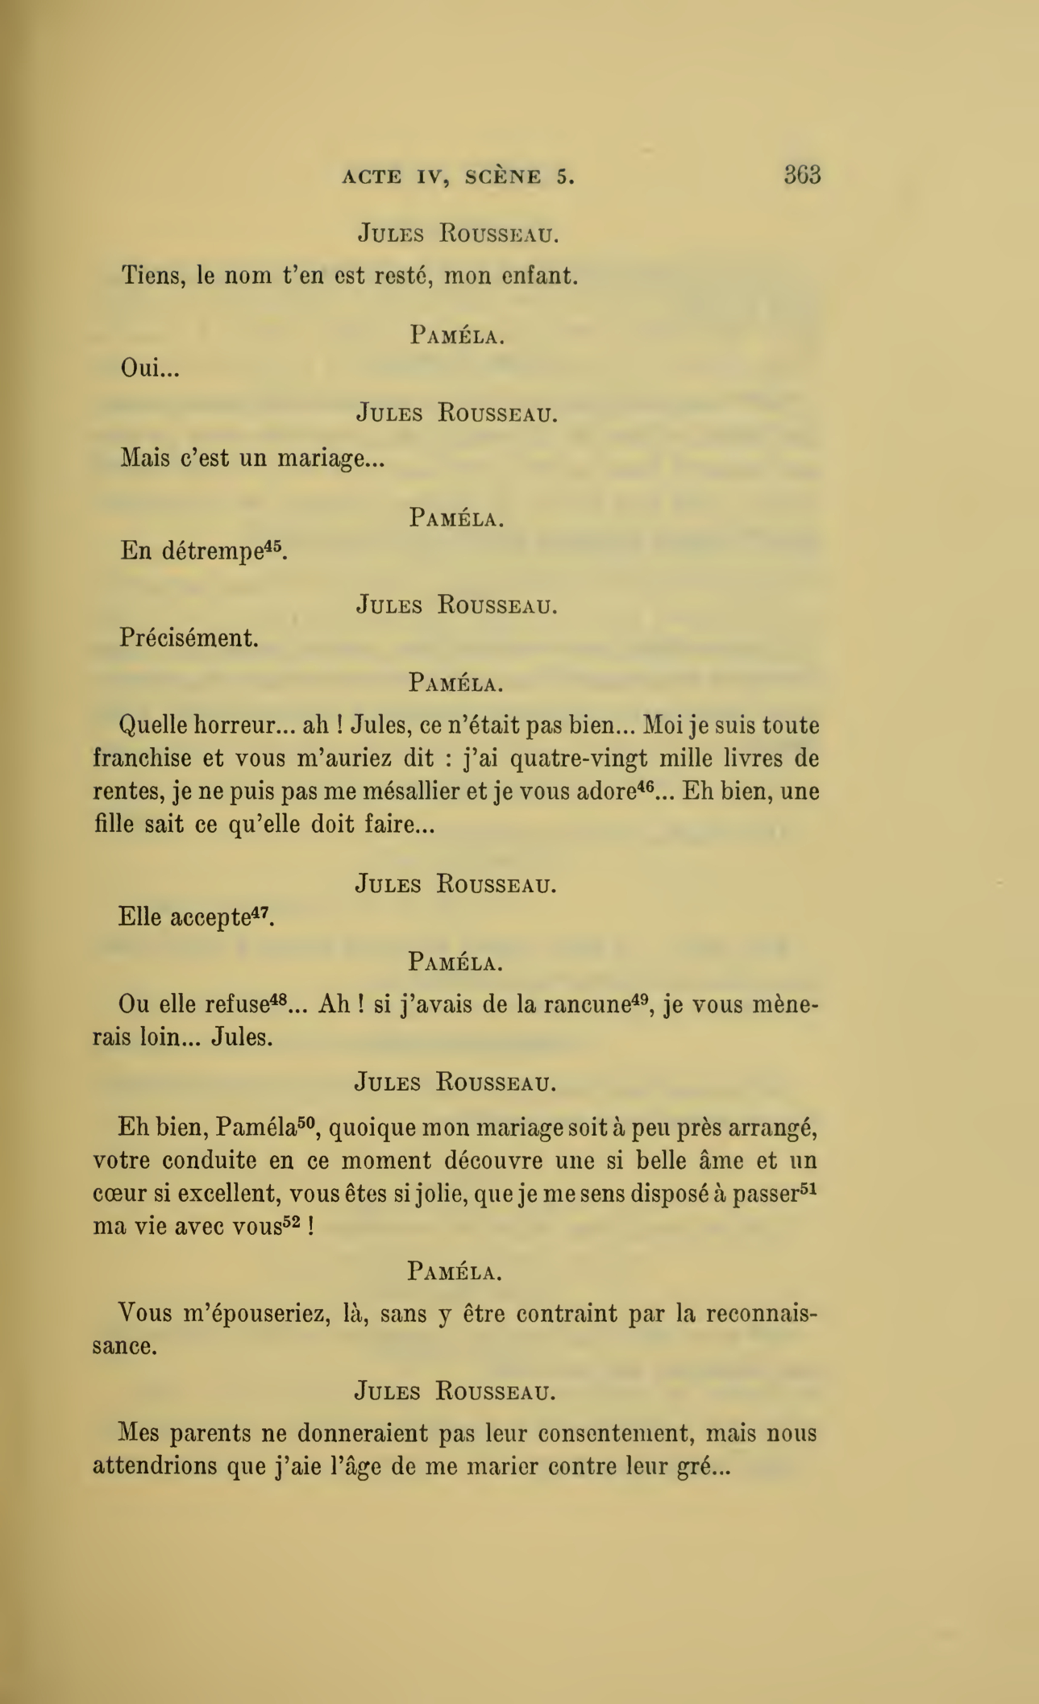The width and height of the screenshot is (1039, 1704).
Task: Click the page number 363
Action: (802, 175)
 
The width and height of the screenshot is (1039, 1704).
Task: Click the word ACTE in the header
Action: (371, 177)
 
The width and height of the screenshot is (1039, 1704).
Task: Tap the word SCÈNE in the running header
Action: (503, 177)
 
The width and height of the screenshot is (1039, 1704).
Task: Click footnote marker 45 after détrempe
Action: (276, 546)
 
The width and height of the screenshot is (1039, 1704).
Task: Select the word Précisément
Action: (189, 638)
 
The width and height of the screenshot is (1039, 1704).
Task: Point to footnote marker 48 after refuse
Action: (279, 1000)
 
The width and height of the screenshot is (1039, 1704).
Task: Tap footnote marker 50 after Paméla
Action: (306, 1121)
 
